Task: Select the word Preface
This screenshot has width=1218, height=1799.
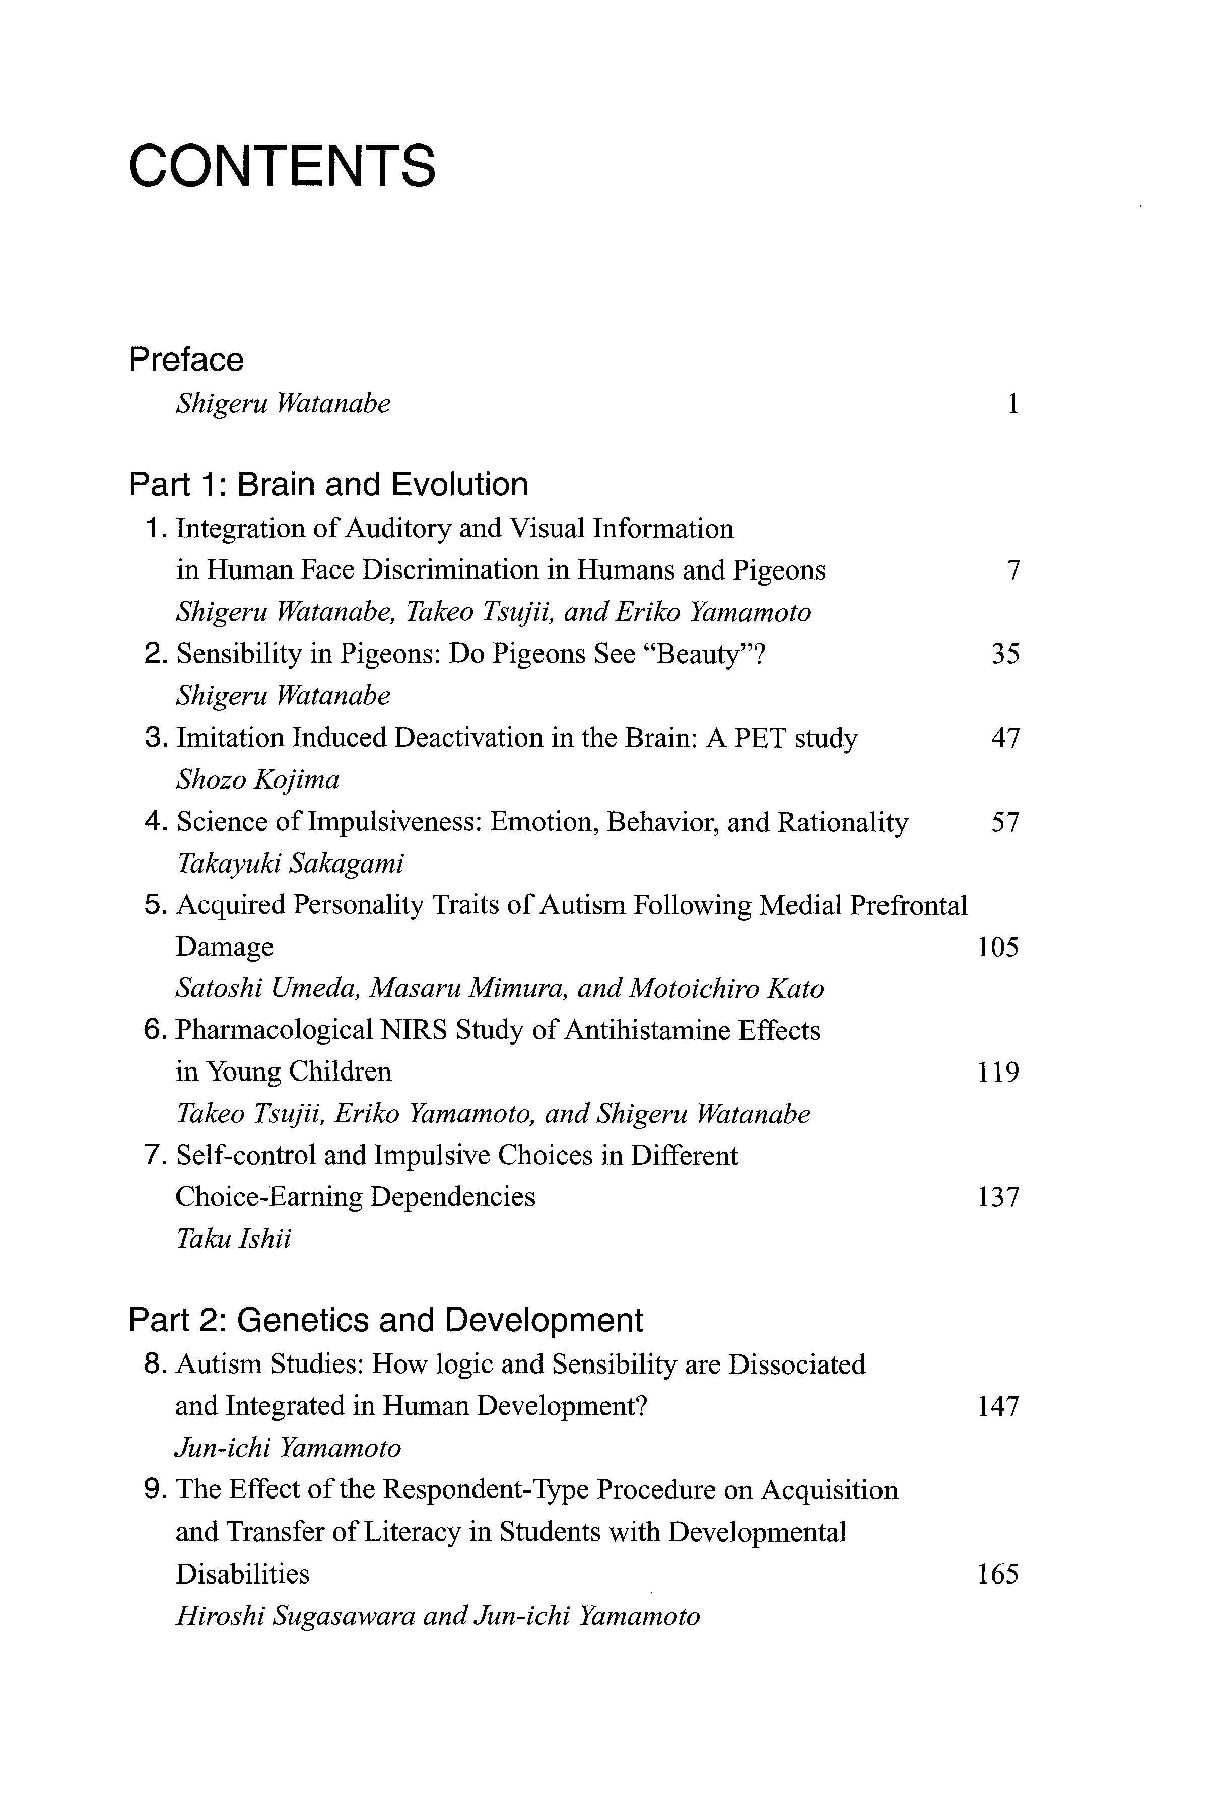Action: click(x=186, y=360)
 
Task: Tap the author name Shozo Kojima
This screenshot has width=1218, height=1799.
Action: click(x=258, y=779)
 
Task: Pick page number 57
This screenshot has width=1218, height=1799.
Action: click(x=1005, y=822)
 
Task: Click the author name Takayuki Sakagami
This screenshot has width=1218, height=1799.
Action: click(x=290, y=863)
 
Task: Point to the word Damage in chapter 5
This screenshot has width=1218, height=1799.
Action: click(x=225, y=947)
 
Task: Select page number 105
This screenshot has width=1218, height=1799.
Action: click(x=997, y=947)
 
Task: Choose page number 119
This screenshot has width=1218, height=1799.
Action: click(x=997, y=1072)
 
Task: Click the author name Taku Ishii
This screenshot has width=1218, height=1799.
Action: click(x=234, y=1239)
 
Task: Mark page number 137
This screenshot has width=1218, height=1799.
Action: click(x=997, y=1197)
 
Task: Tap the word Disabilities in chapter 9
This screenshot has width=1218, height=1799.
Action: click(x=242, y=1574)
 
